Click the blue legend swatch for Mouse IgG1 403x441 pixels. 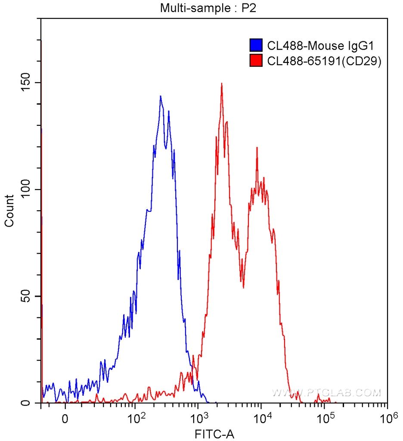(x=256, y=45)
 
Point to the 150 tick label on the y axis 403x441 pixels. (x=27, y=83)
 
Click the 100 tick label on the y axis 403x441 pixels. (x=27, y=189)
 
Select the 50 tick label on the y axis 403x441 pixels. (x=27, y=296)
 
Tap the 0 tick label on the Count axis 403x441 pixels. (x=27, y=403)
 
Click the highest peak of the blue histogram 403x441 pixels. (x=160, y=96)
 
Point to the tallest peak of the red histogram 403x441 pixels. (x=221, y=84)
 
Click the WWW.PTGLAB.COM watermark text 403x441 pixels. (x=326, y=393)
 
